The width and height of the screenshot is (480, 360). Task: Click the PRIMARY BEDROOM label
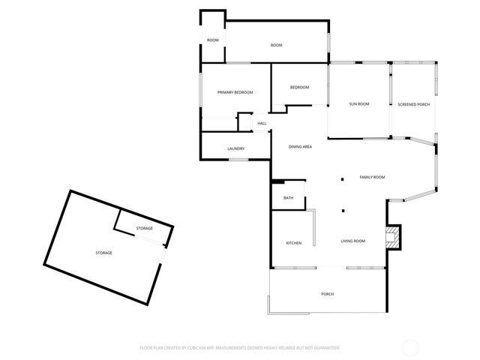click(x=235, y=92)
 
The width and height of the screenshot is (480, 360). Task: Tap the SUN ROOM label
click(x=359, y=104)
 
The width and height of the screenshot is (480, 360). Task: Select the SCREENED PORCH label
click(x=413, y=104)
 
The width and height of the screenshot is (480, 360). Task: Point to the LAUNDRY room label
click(x=235, y=148)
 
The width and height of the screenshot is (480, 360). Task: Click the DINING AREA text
click(x=300, y=146)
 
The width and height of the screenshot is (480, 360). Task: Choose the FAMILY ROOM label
click(x=372, y=177)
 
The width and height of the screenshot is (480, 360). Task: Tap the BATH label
click(x=288, y=198)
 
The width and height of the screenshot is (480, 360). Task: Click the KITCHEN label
click(x=293, y=244)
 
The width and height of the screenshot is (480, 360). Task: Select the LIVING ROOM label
click(x=352, y=241)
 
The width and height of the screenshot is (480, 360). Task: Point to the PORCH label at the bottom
click(x=327, y=294)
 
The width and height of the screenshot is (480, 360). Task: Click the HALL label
click(x=262, y=123)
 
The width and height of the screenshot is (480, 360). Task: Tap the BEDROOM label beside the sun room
click(x=299, y=88)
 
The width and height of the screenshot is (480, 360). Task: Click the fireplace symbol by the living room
click(x=391, y=237)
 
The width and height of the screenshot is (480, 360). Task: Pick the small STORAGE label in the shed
click(x=144, y=228)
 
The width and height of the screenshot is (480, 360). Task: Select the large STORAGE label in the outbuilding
click(x=103, y=253)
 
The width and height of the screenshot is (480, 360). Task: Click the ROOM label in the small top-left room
click(x=213, y=40)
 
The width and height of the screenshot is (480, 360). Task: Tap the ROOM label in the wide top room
click(x=276, y=46)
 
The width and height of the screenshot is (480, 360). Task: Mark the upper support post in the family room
click(x=343, y=178)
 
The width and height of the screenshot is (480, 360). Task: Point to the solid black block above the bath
click(x=277, y=181)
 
